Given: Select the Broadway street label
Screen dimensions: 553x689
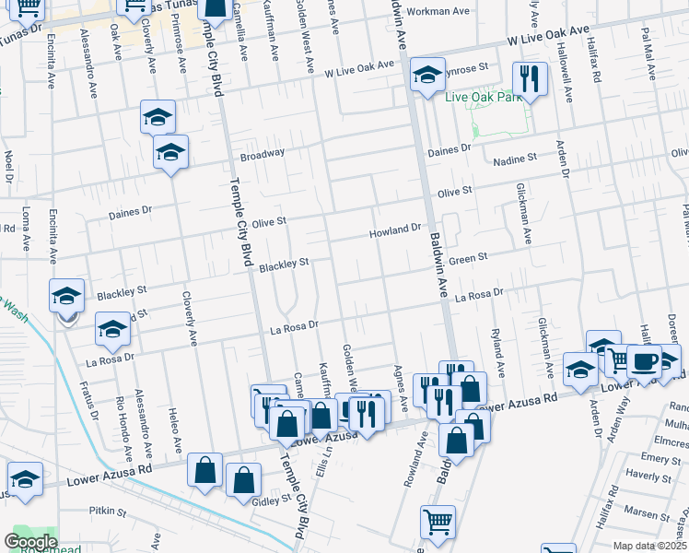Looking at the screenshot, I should click(x=263, y=155).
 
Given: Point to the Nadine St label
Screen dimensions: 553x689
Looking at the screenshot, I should click(x=515, y=159).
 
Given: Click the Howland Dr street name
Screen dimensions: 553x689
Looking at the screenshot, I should click(x=395, y=229).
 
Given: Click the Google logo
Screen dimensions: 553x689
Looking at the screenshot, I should click(x=30, y=542).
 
